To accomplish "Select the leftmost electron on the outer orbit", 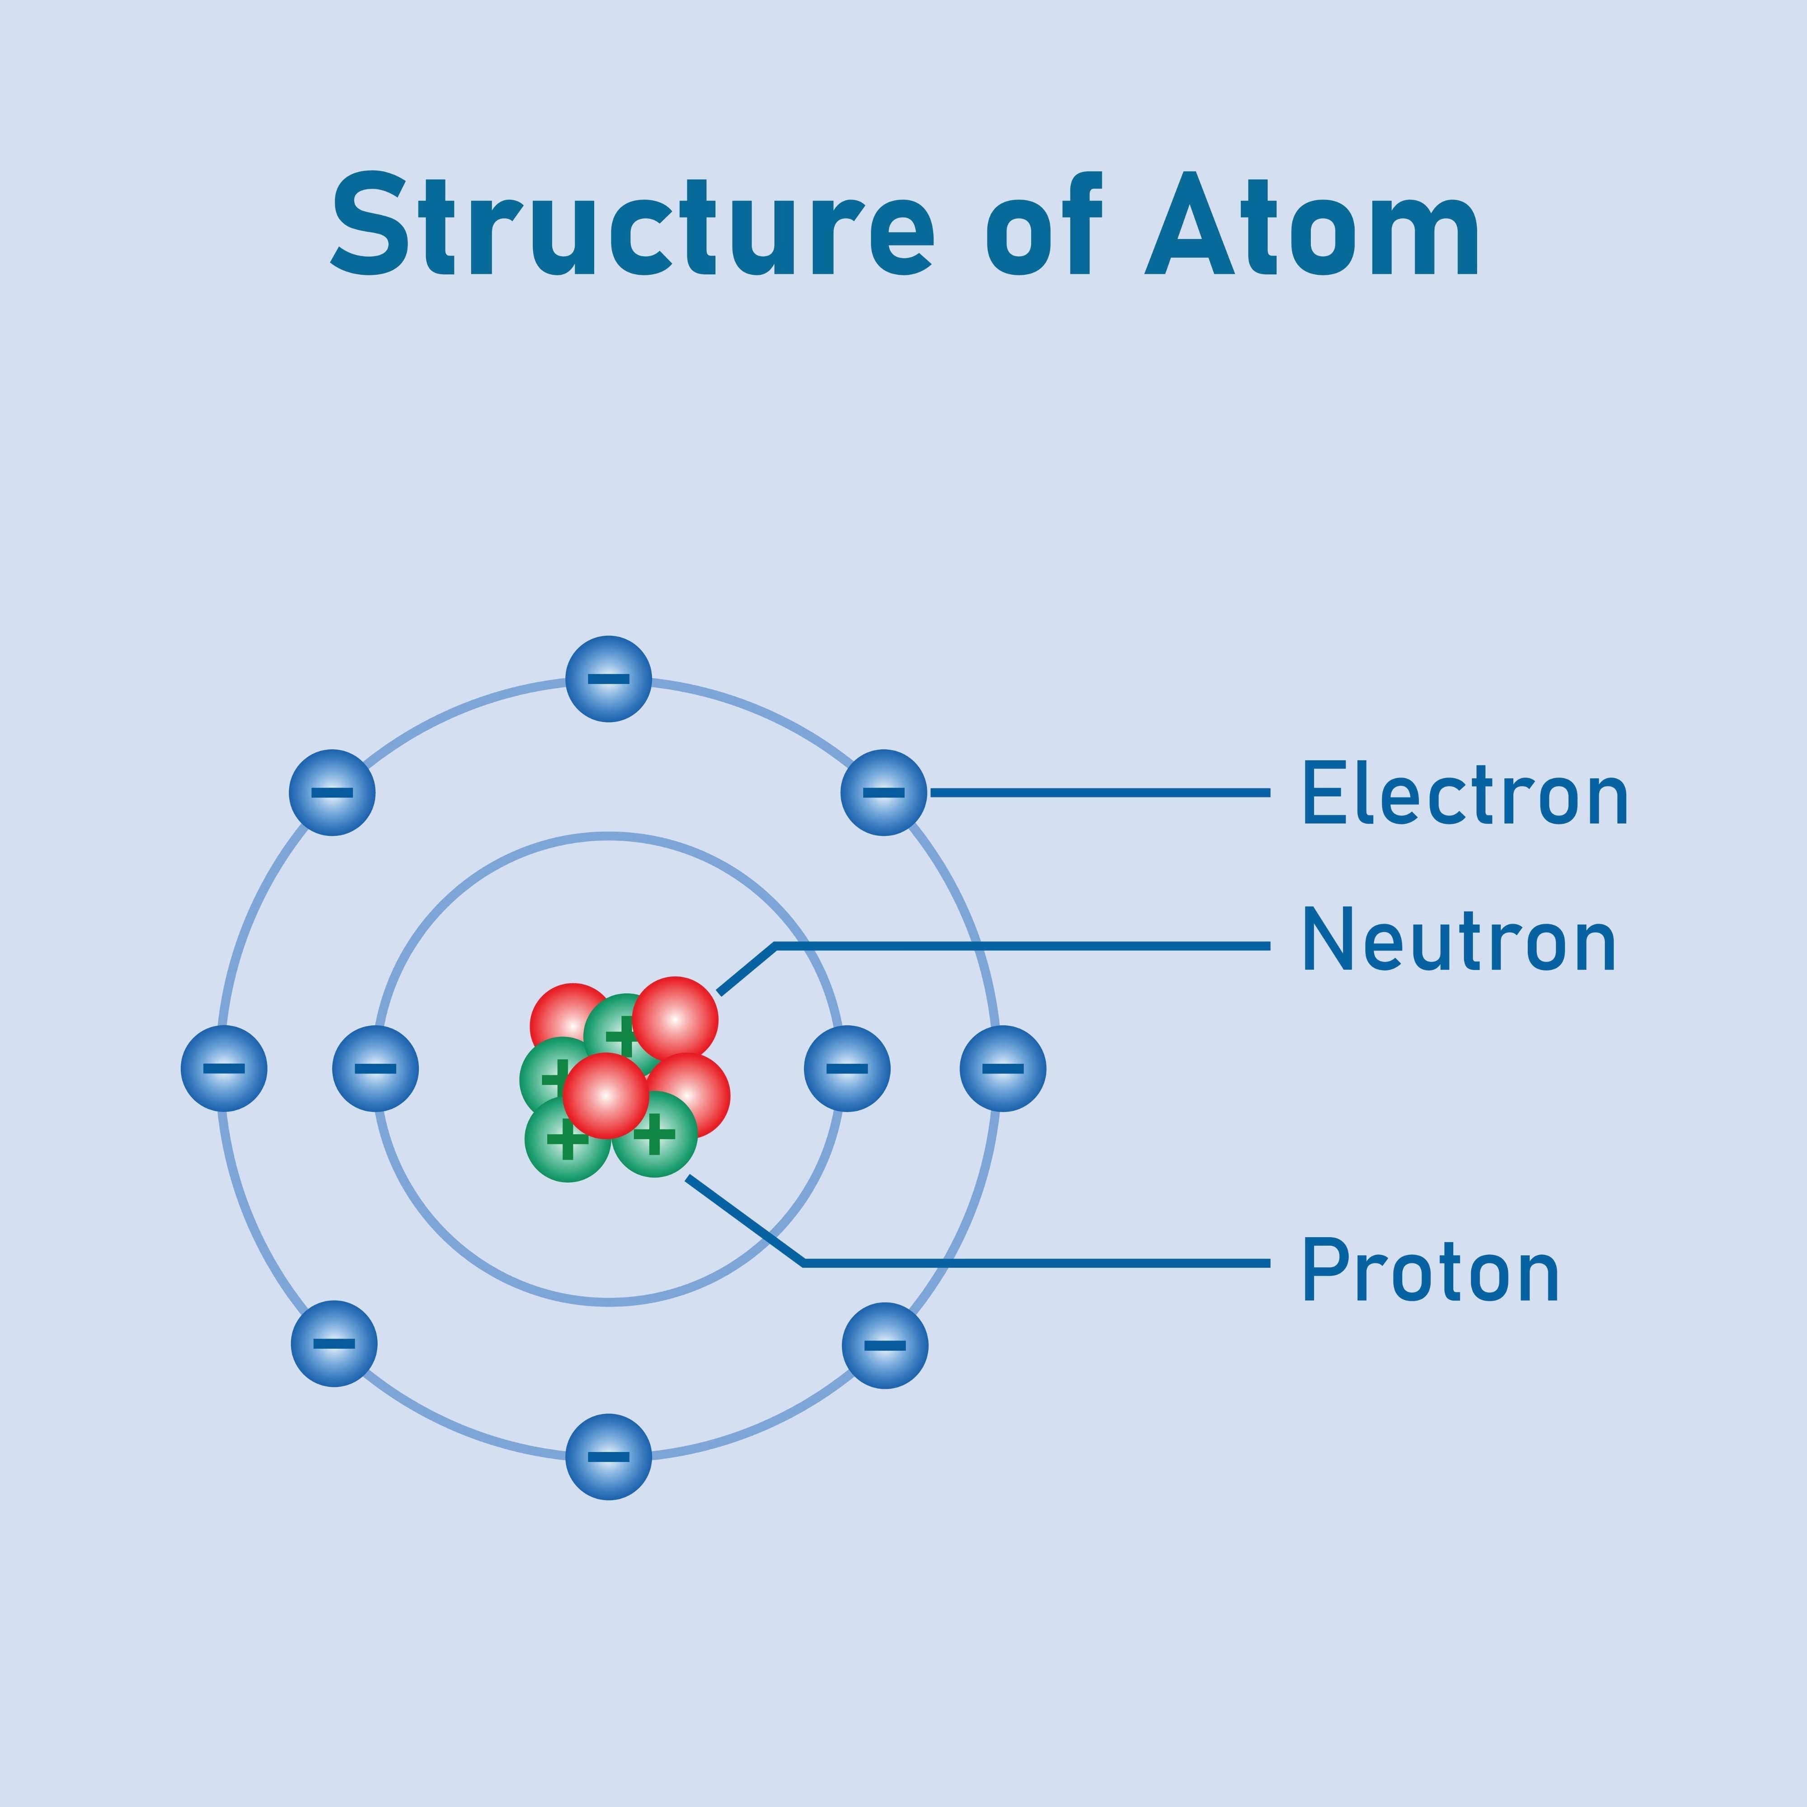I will click(224, 1068).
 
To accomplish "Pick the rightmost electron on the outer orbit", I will click(1003, 1068).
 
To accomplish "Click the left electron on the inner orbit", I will click(375, 1068).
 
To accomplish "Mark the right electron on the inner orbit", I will click(847, 1068).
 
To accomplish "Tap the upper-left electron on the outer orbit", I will click(332, 792).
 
